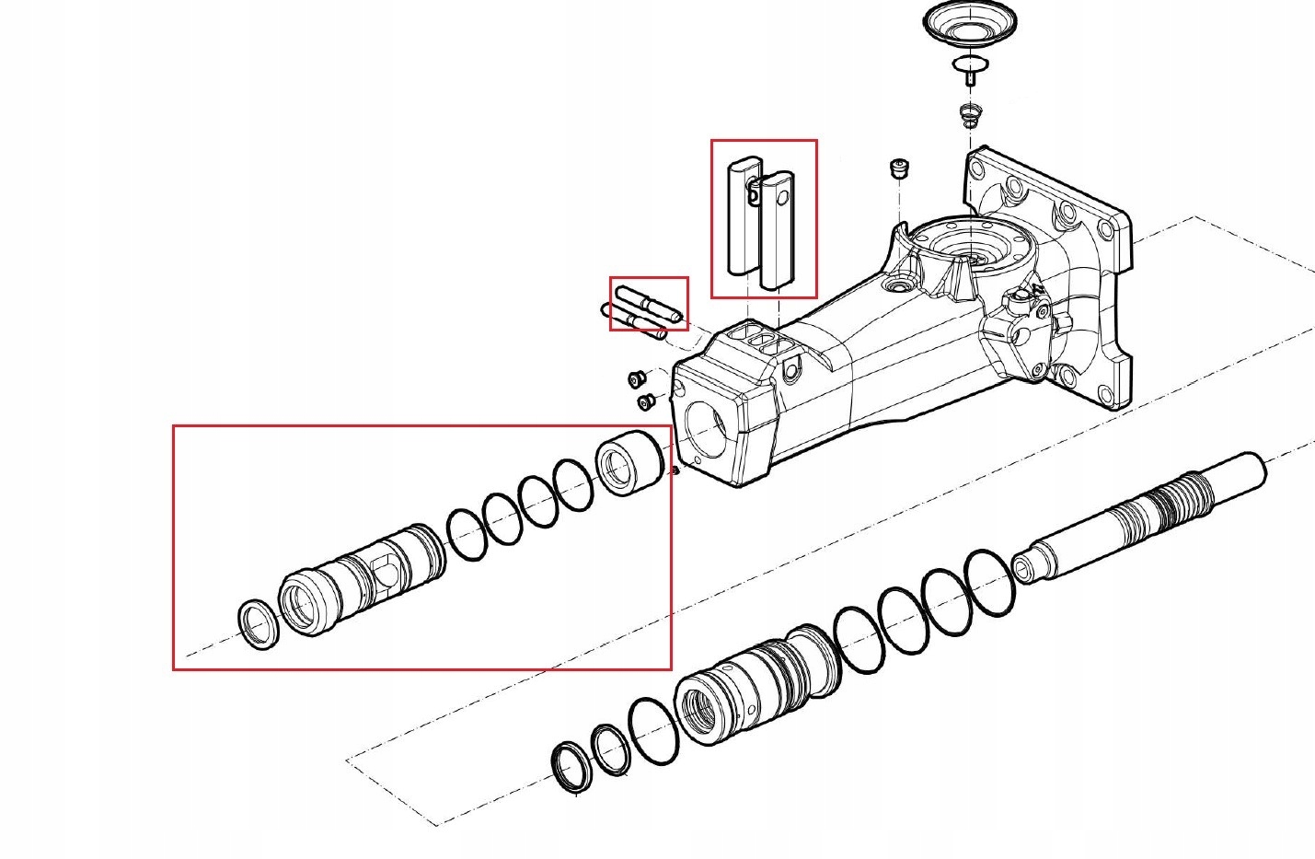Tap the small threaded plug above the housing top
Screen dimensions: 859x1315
pos(899,169)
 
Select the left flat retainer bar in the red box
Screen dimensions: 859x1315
pos(743,218)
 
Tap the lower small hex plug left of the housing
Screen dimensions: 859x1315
pos(645,402)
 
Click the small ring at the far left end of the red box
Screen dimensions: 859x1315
pos(258,624)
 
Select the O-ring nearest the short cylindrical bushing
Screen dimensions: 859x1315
pos(572,484)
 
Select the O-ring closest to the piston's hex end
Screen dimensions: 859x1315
pos(992,583)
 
